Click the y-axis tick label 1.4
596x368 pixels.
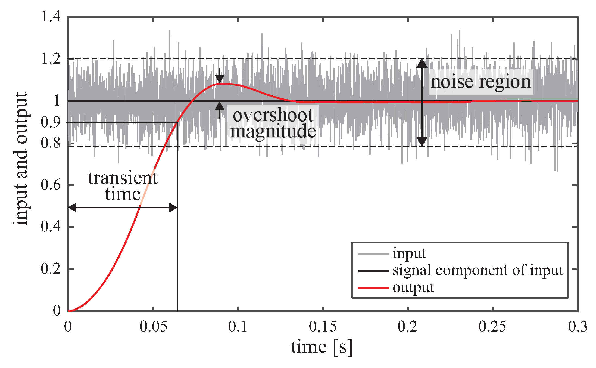click(51, 17)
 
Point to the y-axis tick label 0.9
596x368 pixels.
click(51, 122)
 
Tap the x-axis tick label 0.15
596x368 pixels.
click(323, 326)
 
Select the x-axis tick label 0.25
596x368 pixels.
click(492, 326)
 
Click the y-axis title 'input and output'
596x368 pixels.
click(21, 159)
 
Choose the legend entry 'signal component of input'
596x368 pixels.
click(478, 270)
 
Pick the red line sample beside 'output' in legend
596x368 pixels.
click(373, 288)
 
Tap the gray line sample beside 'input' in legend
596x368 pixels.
click(373, 254)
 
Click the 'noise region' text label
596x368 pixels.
click(480, 82)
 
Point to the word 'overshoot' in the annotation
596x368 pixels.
click(273, 115)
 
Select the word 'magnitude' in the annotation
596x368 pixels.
click(273, 131)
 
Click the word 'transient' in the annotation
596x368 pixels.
click(123, 178)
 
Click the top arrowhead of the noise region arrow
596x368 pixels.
click(422, 63)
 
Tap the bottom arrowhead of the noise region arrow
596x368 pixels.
click(422, 141)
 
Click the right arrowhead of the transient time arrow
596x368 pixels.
click(173, 208)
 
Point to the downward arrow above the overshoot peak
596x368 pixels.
click(220, 76)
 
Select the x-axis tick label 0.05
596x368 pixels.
click(153, 326)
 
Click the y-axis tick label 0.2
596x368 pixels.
click(51, 269)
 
